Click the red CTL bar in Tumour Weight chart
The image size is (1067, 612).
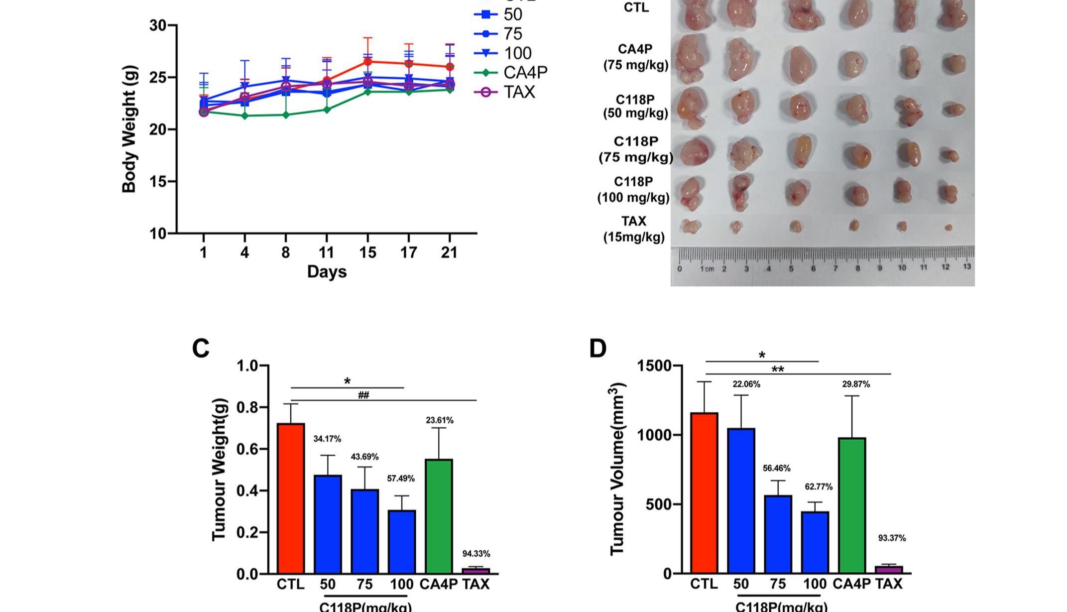coord(291,498)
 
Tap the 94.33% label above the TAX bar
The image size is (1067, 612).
coord(476,554)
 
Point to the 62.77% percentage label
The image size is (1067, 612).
coord(819,487)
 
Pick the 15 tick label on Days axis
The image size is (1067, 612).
coord(367,253)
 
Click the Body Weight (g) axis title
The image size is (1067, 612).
coord(129,128)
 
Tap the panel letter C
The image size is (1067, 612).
coord(201,349)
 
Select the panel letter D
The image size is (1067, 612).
coord(597,349)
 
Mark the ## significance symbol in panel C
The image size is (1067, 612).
coord(363,395)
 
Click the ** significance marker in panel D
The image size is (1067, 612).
coord(777,369)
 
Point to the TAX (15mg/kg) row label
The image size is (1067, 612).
coord(634,229)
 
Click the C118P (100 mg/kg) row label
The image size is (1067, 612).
coord(633,190)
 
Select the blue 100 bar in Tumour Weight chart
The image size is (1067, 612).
coord(402,542)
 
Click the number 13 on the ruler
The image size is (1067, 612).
coord(966,267)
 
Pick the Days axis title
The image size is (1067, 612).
coord(327,272)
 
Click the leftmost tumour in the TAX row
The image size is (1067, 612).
coord(691,227)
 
